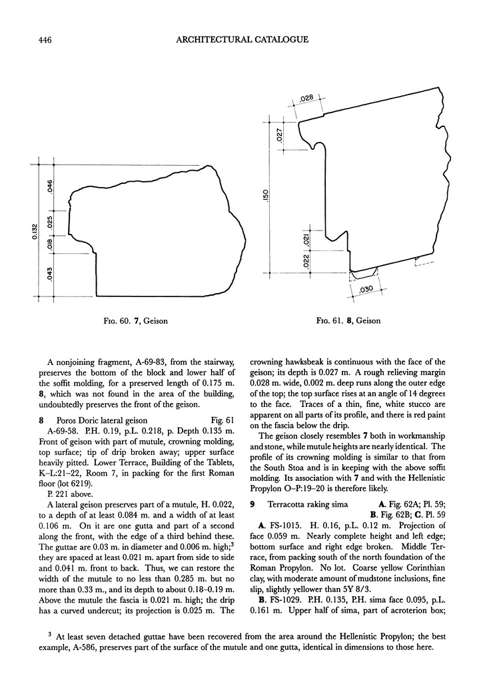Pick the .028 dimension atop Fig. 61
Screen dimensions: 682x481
pyautogui.click(x=306, y=98)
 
